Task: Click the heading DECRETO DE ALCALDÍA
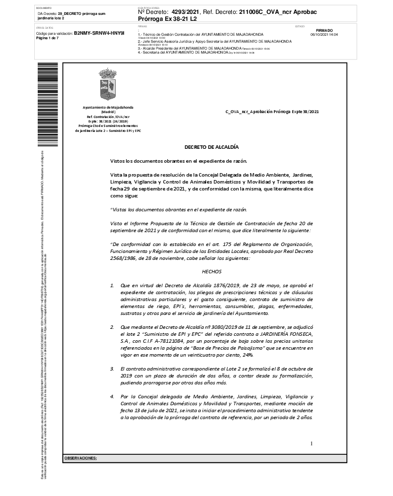[211, 147]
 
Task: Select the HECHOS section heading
[211, 272]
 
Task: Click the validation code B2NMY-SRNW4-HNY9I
[99, 33]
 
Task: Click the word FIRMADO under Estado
[324, 30]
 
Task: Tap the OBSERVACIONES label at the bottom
[80, 458]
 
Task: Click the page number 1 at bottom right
[311, 443]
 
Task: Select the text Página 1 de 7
[48, 38]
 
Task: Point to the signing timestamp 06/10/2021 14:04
[324, 35]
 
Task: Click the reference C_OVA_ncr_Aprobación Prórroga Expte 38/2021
[272, 112]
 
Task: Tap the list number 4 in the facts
[112, 396]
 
